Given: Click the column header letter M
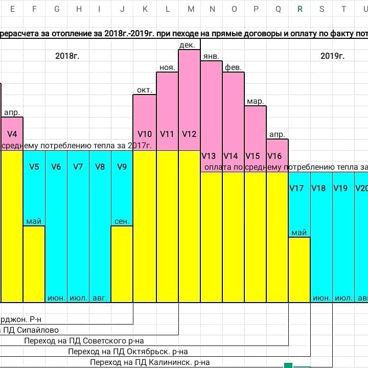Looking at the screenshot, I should coord(191,9).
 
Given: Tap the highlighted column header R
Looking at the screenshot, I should coord(300,9).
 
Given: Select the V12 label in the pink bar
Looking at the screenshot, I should coord(189,134).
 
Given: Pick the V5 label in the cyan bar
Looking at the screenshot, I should coord(34,166).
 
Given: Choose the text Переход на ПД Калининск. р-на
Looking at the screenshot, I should coord(150,362).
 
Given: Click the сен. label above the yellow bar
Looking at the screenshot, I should coord(122,221).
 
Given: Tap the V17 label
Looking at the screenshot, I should coord(296,188).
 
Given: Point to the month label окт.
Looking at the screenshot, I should coord(145,90).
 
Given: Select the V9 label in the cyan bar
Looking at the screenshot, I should coord(122,166).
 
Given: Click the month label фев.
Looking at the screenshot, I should coord(233,67).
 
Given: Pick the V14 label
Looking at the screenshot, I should coord(231,156).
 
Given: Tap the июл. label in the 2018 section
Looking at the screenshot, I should coord(78,297).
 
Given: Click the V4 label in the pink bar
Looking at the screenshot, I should coord(12,134).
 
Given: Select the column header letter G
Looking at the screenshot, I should coord(57,9).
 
